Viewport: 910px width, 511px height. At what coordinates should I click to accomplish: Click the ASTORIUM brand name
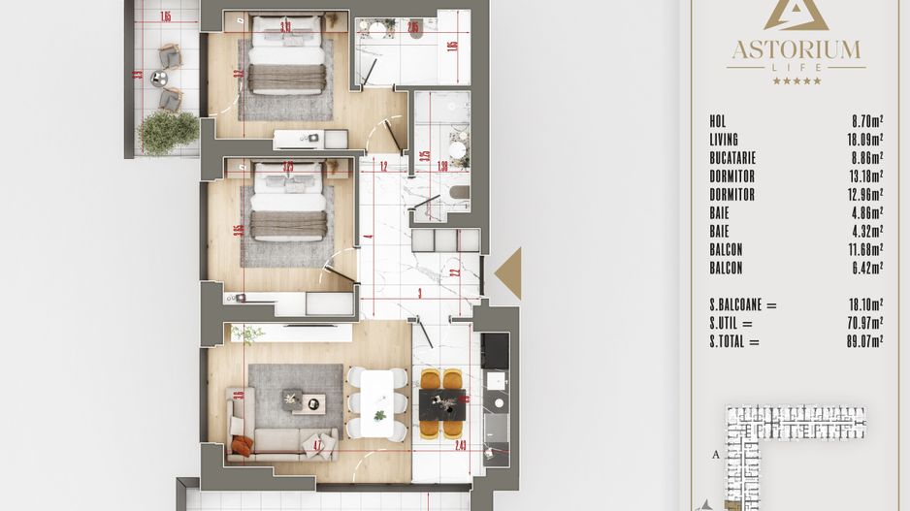pyautogui.click(x=796, y=48)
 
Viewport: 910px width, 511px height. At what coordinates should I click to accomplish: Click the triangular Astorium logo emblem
pyautogui.click(x=796, y=14)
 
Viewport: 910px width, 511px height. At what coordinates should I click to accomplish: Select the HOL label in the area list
pyautogui.click(x=718, y=121)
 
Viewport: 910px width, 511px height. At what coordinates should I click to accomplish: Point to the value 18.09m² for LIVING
pyautogui.click(x=863, y=140)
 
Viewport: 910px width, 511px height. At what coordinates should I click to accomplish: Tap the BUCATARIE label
pyautogui.click(x=732, y=158)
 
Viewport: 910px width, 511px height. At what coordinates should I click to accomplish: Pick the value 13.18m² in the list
pyautogui.click(x=863, y=176)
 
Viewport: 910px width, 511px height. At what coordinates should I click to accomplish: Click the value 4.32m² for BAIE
pyautogui.click(x=864, y=231)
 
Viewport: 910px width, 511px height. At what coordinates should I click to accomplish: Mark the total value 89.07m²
pyautogui.click(x=863, y=341)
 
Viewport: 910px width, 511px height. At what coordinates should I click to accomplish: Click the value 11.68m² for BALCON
pyautogui.click(x=863, y=249)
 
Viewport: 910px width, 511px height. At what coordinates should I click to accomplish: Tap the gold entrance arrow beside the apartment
pyautogui.click(x=509, y=273)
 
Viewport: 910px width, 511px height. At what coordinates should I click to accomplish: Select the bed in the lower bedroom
pyautogui.click(x=287, y=204)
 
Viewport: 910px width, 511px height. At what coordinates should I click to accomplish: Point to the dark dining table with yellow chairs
pyautogui.click(x=442, y=401)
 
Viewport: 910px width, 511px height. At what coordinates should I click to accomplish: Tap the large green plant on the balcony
pyautogui.click(x=167, y=132)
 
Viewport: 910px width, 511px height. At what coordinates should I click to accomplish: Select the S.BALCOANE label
pyautogui.click(x=743, y=304)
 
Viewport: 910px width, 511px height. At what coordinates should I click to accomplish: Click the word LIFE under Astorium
pyautogui.click(x=796, y=67)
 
